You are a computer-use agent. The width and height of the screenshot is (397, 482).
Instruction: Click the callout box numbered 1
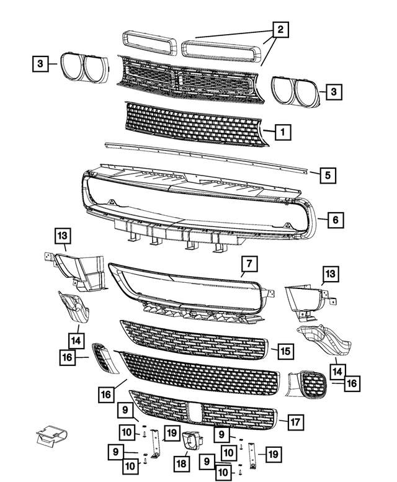[282, 132]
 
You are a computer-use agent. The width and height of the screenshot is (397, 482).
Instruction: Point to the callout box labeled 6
[334, 220]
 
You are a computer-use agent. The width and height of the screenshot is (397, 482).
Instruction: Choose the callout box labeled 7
[248, 266]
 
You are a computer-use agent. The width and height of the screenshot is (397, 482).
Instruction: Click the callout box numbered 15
[284, 351]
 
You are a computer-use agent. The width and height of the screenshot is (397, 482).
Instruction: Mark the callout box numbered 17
[294, 422]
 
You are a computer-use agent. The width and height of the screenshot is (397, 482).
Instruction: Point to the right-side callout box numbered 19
[270, 455]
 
